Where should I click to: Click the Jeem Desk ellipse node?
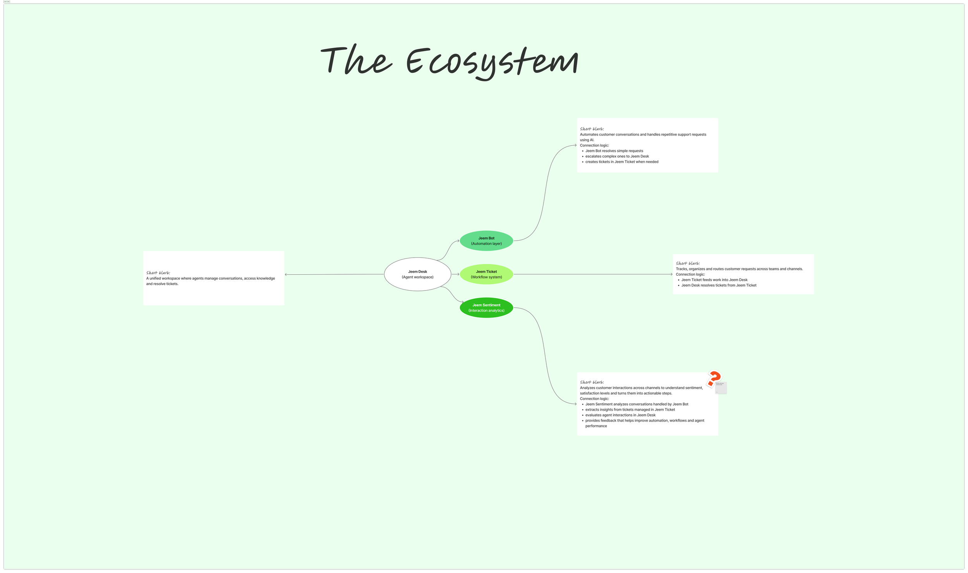click(417, 274)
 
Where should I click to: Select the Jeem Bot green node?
click(486, 241)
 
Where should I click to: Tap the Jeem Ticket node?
click(486, 274)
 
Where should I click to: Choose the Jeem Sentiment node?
click(486, 308)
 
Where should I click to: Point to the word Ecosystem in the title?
click(492, 62)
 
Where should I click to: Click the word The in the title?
click(356, 60)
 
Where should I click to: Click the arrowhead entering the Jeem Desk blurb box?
click(286, 275)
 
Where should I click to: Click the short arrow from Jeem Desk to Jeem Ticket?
click(455, 274)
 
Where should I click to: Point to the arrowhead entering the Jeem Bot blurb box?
click(575, 145)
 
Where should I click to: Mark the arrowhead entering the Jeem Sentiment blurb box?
click(575, 404)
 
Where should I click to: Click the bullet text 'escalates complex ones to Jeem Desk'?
click(617, 157)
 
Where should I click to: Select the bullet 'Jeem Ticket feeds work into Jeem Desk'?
click(714, 280)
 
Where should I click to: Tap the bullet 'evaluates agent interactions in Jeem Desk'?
click(620, 415)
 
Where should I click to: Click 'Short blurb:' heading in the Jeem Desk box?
click(158, 273)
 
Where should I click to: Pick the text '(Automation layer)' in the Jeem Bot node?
click(486, 244)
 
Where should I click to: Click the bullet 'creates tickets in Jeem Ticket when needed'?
click(621, 162)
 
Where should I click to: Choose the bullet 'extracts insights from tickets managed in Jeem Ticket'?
click(630, 410)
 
